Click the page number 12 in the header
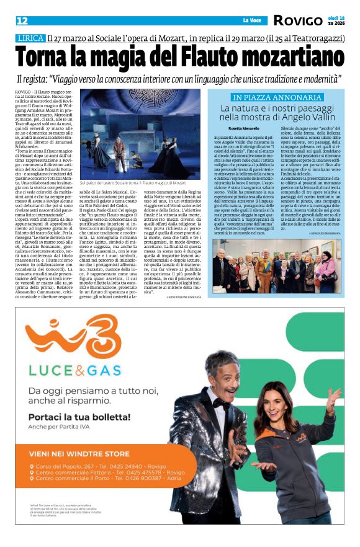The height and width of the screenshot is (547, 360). [x=22, y=21]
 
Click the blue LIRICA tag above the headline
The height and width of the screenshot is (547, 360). [x=30, y=38]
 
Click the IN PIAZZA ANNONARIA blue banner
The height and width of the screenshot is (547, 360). [x=268, y=97]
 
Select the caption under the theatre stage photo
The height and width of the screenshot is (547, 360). [x=142, y=184]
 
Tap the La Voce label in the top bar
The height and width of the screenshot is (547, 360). [x=252, y=20]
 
